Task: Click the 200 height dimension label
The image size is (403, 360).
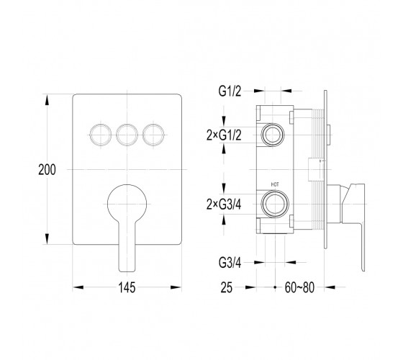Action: pyautogui.click(x=47, y=170)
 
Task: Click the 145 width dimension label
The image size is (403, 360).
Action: pyautogui.click(x=127, y=287)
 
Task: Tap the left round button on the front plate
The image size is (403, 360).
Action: pyautogui.click(x=101, y=135)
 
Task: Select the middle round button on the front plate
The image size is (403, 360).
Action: pyautogui.click(x=127, y=135)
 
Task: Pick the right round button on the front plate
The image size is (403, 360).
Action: pyautogui.click(x=153, y=135)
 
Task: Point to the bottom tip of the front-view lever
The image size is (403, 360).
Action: pyautogui.click(x=127, y=271)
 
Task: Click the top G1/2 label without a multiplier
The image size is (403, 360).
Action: pyautogui.click(x=230, y=91)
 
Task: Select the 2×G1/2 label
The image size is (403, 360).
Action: pyautogui.click(x=224, y=135)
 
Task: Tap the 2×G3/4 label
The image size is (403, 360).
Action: pyautogui.click(x=224, y=204)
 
